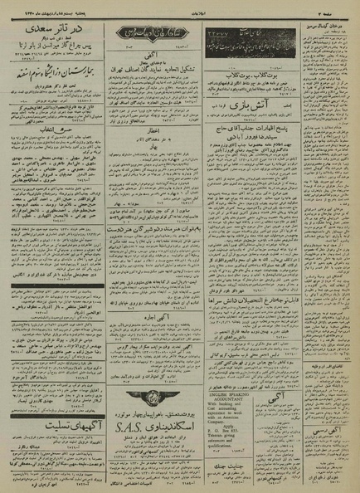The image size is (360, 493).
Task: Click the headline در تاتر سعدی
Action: point(52,27)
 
